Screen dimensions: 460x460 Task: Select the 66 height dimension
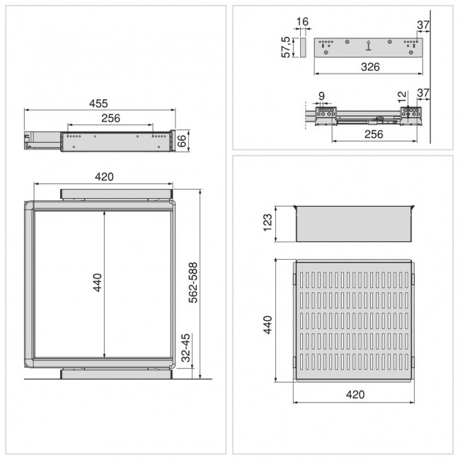[182, 140]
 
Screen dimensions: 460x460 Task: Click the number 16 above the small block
[302, 23]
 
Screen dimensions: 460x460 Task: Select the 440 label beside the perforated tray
[268, 326]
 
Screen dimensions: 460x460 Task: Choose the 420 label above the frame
[105, 177]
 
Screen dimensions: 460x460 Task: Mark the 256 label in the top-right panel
[373, 134]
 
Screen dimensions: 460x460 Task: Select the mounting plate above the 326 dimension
[368, 48]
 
